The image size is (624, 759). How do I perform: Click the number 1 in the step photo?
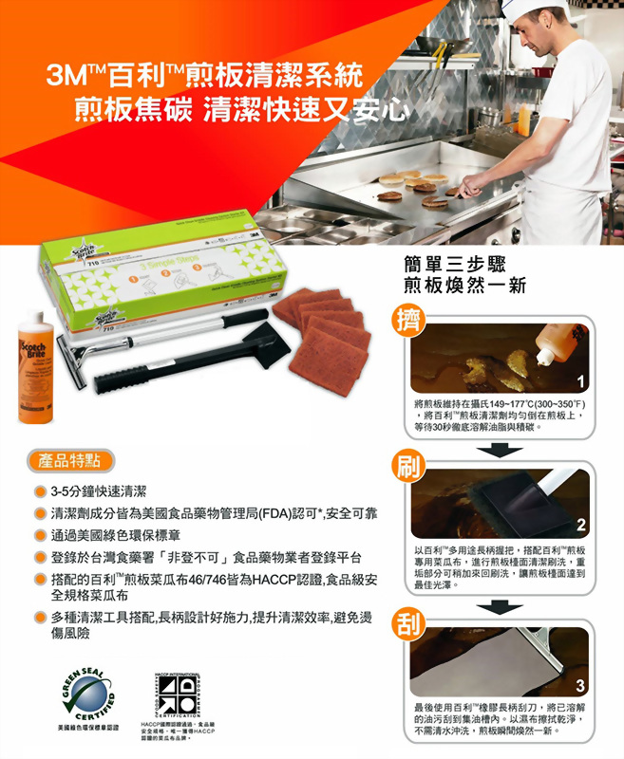coord(581,380)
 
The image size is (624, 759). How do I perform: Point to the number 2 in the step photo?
coord(581,526)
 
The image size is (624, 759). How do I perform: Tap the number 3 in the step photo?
coord(581,685)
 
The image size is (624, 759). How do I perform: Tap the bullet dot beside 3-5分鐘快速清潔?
coord(41,491)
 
